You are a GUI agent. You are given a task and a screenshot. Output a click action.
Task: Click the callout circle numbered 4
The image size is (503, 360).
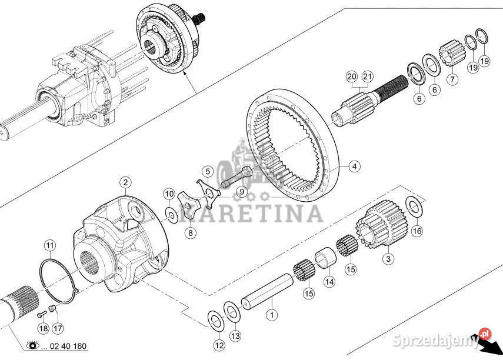[354, 166]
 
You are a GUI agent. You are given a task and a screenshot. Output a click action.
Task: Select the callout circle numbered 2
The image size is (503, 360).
[125, 182]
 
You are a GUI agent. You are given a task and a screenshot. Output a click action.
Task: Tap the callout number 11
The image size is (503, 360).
[50, 246]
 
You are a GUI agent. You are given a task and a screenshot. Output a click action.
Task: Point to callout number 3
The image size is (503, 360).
[388, 258]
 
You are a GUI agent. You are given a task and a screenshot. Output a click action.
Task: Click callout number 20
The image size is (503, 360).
[352, 76]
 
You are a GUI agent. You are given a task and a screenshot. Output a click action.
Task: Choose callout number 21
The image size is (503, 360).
[368, 76]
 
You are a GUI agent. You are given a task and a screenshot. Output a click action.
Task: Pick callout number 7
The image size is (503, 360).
[452, 79]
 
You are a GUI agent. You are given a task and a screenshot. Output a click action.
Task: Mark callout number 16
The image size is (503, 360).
[417, 231]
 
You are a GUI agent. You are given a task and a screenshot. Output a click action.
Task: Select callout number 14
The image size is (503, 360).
[329, 282]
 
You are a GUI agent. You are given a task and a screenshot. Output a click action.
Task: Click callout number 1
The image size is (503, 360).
[272, 315]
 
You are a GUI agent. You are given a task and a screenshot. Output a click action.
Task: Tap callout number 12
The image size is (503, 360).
[219, 345]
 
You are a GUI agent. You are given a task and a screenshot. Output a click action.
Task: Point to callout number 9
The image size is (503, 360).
[242, 192]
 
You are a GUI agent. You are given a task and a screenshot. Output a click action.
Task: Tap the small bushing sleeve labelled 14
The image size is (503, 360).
[325, 258]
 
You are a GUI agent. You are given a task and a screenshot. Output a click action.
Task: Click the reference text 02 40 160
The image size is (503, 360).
[68, 346]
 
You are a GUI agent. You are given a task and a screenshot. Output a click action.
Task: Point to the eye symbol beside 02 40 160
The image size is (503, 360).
[33, 345]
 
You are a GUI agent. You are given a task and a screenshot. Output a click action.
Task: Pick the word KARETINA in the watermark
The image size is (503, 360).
[251, 214]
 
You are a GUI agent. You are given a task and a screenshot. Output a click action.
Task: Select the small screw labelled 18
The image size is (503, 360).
[40, 315]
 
